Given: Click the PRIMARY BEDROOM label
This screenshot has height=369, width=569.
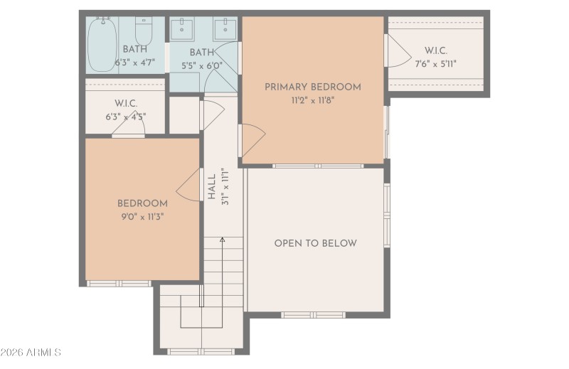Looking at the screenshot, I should (x=312, y=87).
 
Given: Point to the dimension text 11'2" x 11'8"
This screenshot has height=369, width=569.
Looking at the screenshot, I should (x=312, y=100).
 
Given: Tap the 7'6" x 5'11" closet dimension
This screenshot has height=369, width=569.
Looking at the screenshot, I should (x=435, y=63).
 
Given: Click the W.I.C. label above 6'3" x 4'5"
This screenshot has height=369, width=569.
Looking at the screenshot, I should (x=125, y=104).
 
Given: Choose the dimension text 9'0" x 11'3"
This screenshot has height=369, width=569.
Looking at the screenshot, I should (x=142, y=216).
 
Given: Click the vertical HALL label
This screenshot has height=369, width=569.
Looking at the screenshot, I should (x=211, y=186).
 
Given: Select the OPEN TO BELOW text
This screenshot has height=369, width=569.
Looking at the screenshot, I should (x=315, y=243).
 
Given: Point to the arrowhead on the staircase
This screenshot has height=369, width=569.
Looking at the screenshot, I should (x=222, y=241).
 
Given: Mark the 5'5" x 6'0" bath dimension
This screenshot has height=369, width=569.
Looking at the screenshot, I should (x=202, y=65).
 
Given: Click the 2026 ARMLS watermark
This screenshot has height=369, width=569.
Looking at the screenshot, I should (x=31, y=353).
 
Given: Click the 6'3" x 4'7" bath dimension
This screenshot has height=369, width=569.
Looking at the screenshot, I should (x=134, y=62).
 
